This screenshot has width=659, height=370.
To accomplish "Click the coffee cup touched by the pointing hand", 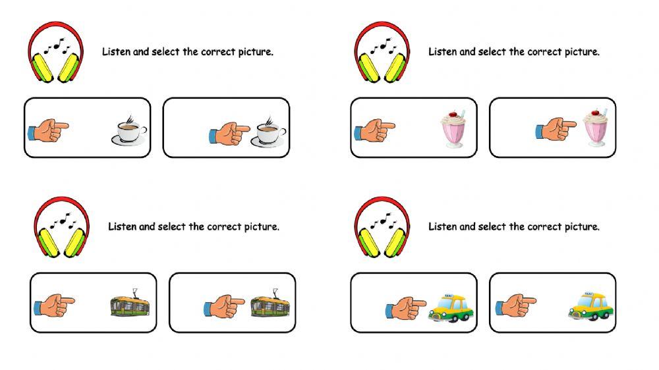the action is click(x=269, y=130).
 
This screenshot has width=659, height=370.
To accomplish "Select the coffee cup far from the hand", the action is click(x=129, y=130).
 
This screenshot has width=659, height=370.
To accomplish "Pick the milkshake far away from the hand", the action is click(x=453, y=129).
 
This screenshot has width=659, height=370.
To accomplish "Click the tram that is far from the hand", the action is click(x=130, y=305).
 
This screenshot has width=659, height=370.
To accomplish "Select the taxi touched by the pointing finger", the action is click(x=451, y=308).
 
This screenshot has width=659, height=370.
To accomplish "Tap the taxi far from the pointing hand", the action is click(x=590, y=306).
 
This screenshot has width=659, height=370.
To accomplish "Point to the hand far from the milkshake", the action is click(x=374, y=130).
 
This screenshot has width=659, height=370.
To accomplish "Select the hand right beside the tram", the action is click(x=224, y=305).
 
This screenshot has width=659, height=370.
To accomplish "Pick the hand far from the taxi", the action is click(x=516, y=305).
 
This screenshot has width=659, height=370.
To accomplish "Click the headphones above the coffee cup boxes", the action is click(x=56, y=52).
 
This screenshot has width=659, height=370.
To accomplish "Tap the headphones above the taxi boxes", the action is click(x=382, y=226).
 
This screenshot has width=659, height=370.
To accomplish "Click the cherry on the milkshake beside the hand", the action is click(x=595, y=112).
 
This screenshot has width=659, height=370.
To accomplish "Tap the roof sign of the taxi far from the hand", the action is click(x=588, y=293).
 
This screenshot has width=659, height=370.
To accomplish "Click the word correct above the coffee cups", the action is click(x=218, y=52).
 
